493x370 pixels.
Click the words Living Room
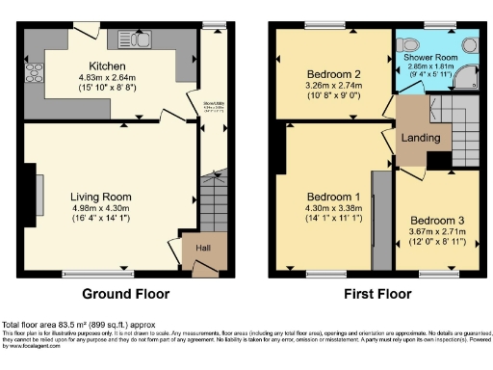point(99,197)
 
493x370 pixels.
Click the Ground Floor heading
point(126,294)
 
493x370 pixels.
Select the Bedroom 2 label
point(333,73)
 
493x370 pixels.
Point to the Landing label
point(421,138)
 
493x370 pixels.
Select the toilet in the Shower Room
point(410,42)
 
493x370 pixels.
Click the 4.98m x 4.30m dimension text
point(99,209)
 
